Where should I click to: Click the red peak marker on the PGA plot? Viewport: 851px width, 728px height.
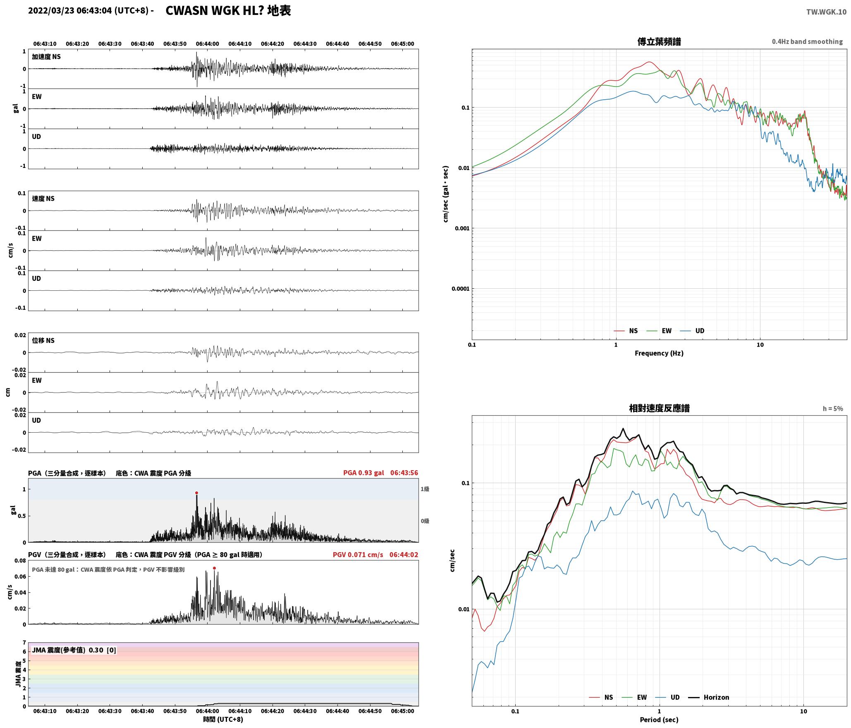[x=196, y=493]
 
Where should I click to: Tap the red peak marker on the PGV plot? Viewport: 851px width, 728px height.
[x=214, y=568]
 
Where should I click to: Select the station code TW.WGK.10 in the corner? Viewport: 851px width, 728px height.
[x=826, y=12]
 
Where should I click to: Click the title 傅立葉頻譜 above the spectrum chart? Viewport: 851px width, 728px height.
[x=659, y=41]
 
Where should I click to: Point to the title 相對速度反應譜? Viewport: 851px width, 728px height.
[x=659, y=408]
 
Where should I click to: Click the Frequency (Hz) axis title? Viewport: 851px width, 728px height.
[x=659, y=353]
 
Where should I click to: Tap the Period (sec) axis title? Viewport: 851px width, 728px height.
[x=659, y=720]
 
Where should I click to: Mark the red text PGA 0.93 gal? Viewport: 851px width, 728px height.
[x=363, y=473]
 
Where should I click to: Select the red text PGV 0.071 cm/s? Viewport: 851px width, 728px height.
[x=358, y=555]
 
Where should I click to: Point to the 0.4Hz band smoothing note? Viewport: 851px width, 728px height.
[x=807, y=41]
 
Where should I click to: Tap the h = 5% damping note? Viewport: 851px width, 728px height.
[x=833, y=409]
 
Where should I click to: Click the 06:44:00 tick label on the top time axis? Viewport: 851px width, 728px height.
[x=207, y=44]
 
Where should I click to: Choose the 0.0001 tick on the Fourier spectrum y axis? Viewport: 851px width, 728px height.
[x=461, y=289]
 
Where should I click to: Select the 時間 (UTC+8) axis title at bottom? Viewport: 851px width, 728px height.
[x=223, y=719]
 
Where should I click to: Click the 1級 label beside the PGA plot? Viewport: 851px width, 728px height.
[x=425, y=489]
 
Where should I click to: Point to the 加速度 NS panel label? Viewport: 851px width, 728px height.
[x=46, y=57]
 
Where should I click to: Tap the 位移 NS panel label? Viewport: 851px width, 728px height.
[x=43, y=340]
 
